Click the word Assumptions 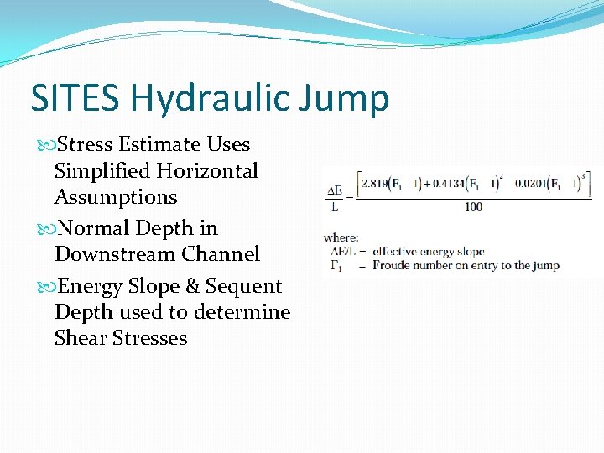[x=116, y=198]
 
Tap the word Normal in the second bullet [x=90, y=227]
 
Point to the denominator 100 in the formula [x=472, y=206]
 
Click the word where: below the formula [x=341, y=238]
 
